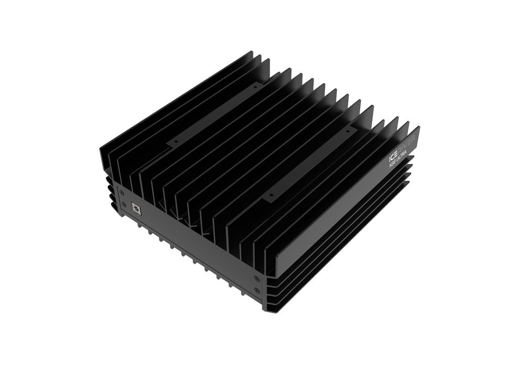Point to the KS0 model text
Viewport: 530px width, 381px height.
(x=393, y=165)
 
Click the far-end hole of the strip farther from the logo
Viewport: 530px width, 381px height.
(x=254, y=85)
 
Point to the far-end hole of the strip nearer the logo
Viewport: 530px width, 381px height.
(x=347, y=132)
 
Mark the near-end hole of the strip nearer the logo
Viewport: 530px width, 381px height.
(x=270, y=194)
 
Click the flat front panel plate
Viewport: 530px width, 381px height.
(x=190, y=239)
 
